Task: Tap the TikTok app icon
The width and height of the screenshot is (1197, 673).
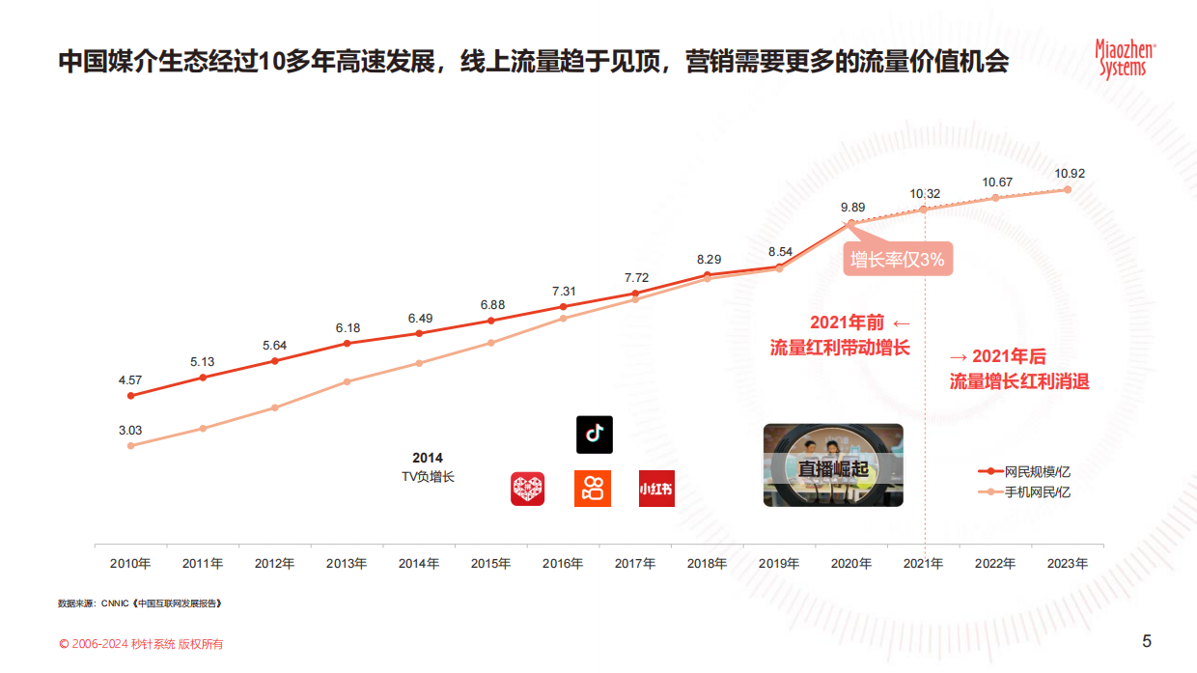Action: [x=594, y=435]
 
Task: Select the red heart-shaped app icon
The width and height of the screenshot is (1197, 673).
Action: [x=527, y=489]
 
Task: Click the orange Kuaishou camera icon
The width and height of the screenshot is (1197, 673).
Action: [x=593, y=489]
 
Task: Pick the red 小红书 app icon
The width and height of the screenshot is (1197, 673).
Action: [x=656, y=489]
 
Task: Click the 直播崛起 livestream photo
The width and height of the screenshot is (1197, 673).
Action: [x=833, y=465]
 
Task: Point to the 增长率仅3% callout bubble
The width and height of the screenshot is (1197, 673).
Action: [x=897, y=259]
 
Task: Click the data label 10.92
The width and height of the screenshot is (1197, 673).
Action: [x=1070, y=174]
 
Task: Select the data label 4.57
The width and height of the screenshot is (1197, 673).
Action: [x=130, y=379]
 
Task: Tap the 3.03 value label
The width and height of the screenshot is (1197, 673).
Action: [x=130, y=431]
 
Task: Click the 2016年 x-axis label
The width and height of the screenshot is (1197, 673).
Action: [x=563, y=564]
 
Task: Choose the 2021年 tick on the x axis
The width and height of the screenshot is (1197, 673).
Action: [x=923, y=564]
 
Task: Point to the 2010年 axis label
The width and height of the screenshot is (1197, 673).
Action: [x=130, y=564]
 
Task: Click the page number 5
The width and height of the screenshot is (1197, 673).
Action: [x=1147, y=641]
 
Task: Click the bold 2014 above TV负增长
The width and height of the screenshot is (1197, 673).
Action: [x=427, y=458]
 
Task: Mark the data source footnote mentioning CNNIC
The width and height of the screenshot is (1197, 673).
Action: [x=140, y=603]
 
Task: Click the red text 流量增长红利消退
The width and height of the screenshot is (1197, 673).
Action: [x=1018, y=381]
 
